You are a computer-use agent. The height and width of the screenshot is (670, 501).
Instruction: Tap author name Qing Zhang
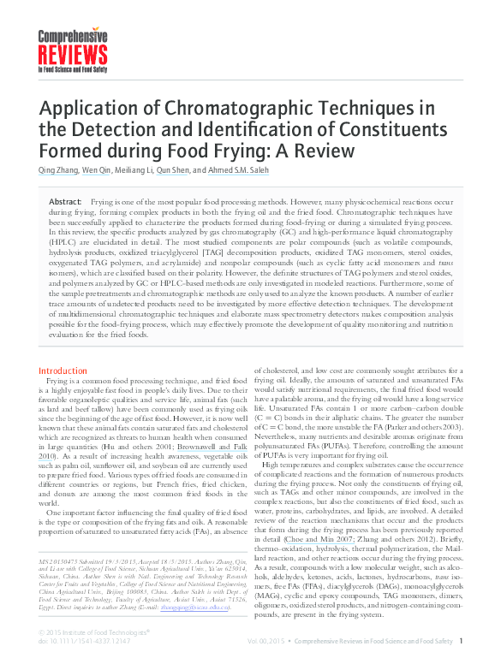(58, 170)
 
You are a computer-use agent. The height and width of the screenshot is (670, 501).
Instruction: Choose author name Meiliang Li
(133, 170)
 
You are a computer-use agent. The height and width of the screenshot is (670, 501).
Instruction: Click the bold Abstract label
(65, 199)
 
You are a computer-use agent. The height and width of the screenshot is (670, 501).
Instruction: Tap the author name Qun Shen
(175, 170)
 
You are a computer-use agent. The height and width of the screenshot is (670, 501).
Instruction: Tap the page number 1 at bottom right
(461, 641)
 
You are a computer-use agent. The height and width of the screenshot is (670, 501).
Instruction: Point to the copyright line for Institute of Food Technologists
(95, 632)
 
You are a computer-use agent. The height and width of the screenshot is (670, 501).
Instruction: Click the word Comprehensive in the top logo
(73, 38)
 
